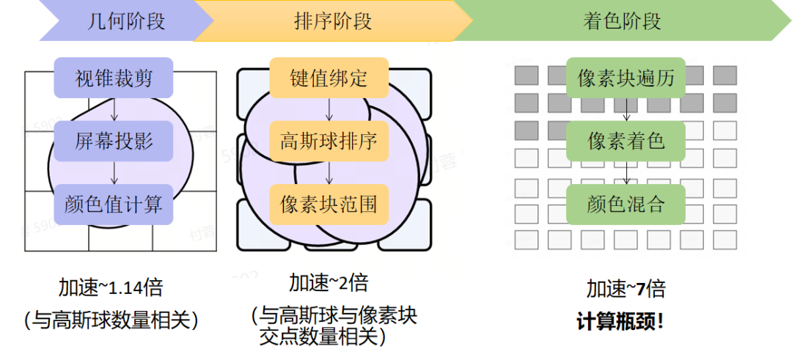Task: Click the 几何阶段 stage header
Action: tap(126, 21)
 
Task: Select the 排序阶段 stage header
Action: tap(333, 21)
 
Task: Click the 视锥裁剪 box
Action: tap(114, 78)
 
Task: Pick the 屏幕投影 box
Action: tap(114, 141)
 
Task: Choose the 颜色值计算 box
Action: tap(114, 205)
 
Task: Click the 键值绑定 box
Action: tap(329, 78)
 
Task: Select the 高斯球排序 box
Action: tap(329, 141)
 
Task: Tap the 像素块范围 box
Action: tap(329, 205)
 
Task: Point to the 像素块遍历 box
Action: tap(626, 78)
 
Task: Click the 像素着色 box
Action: tap(626, 141)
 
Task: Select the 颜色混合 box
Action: tap(626, 205)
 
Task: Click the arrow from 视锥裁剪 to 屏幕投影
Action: tap(114, 109)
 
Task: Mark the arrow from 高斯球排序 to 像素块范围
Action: tap(329, 173)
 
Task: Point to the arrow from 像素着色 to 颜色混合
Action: tap(626, 173)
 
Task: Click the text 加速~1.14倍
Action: tap(111, 288)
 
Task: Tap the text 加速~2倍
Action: tap(329, 283)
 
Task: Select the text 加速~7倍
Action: tap(626, 290)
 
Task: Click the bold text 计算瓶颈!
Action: tap(620, 322)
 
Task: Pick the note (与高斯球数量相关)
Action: tap(111, 320)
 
